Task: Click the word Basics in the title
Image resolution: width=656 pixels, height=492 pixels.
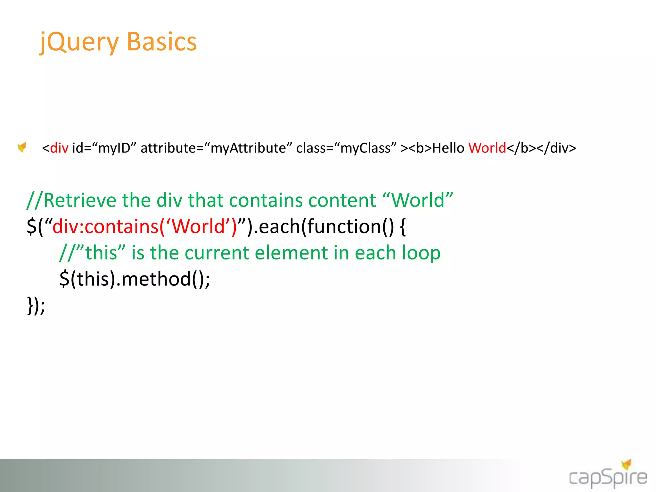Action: [x=162, y=42]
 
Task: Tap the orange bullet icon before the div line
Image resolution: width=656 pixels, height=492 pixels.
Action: [x=22, y=147]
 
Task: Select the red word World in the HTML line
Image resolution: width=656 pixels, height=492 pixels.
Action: [x=487, y=148]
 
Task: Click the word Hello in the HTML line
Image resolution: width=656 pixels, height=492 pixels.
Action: [x=448, y=148]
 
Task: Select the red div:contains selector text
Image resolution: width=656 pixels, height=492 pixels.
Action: [x=144, y=226]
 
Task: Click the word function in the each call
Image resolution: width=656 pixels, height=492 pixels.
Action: [x=344, y=226]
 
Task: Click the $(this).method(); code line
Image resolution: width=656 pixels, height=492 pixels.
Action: [x=135, y=279]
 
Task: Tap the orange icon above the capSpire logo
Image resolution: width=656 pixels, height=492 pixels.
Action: [x=626, y=464]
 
